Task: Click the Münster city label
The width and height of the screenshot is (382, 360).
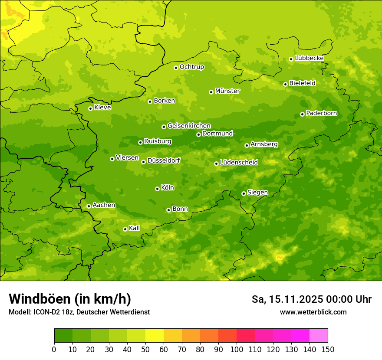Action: pos(227,91)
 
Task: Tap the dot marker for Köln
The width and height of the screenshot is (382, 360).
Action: pos(157,189)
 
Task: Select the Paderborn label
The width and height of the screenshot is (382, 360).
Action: pos(322,113)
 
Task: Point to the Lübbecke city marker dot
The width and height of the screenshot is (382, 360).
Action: pos(291,59)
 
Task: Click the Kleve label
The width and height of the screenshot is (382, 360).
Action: pos(103,108)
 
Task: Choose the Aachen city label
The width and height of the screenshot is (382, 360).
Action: pos(104,205)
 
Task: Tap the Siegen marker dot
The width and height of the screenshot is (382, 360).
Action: pos(244,193)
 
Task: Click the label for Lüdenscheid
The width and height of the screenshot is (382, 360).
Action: pos(239,163)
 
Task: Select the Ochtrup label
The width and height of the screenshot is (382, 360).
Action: pos(192,67)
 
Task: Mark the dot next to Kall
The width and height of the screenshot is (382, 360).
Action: pos(125,229)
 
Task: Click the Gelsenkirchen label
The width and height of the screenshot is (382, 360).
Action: pos(189,126)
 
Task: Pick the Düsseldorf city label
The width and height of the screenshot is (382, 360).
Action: pos(164,160)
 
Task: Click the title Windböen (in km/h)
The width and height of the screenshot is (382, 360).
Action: pos(70,299)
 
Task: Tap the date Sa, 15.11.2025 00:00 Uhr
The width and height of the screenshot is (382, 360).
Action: pos(312,299)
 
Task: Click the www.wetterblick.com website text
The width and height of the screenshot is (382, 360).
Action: pos(313,312)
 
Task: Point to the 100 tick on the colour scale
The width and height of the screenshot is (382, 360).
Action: pos(237,349)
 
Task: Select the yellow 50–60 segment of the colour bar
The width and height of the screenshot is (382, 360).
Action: pos(155,336)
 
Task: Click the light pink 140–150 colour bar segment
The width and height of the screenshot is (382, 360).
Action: pos(319,336)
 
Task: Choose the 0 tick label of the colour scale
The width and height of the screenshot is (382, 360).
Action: pos(54,349)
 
